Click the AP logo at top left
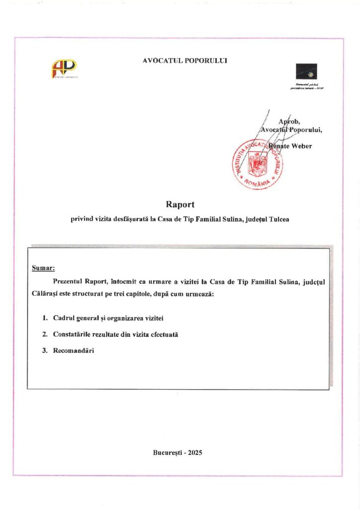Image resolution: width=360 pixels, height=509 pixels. click(64, 69)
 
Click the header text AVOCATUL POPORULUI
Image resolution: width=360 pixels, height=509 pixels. click(184, 61)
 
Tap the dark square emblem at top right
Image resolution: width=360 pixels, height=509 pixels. click(306, 72)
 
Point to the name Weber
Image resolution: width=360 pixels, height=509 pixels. click(301, 146)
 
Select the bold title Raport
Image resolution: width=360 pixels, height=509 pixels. click(180, 204)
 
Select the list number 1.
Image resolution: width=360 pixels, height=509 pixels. click(45, 318)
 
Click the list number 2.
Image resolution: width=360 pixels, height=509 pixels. click(45, 335)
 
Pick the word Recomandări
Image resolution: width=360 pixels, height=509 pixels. click(73, 351)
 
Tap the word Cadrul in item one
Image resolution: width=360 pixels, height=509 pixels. click(64, 318)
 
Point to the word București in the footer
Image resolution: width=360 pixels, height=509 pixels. click(168, 453)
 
